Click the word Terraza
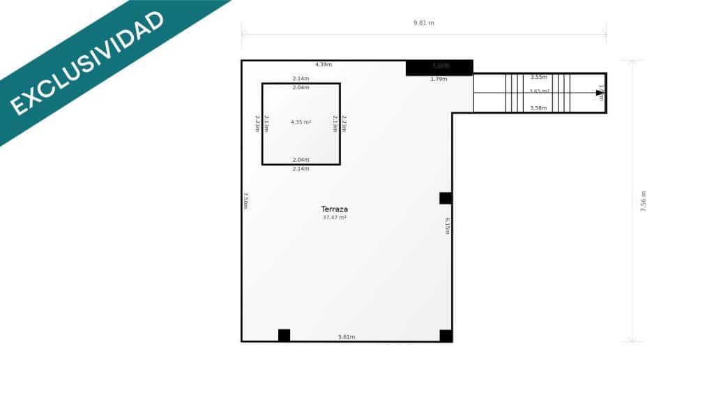(x=334, y=209)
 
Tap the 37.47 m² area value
(x=334, y=218)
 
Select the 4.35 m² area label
(x=301, y=122)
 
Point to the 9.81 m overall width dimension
(x=423, y=23)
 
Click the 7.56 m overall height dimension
(x=643, y=201)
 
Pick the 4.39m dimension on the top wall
(x=323, y=64)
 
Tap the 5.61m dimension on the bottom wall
(x=347, y=337)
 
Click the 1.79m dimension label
(x=439, y=79)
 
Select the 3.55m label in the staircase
(x=538, y=77)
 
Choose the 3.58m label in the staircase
(x=538, y=108)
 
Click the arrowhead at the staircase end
(x=600, y=93)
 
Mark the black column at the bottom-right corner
(x=446, y=336)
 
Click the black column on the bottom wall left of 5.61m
(x=284, y=335)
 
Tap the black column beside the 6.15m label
(x=446, y=198)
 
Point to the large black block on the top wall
(x=439, y=68)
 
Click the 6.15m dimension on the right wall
(x=447, y=226)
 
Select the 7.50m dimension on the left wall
(x=245, y=200)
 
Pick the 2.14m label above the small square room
(x=301, y=78)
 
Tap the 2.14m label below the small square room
(x=301, y=169)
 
